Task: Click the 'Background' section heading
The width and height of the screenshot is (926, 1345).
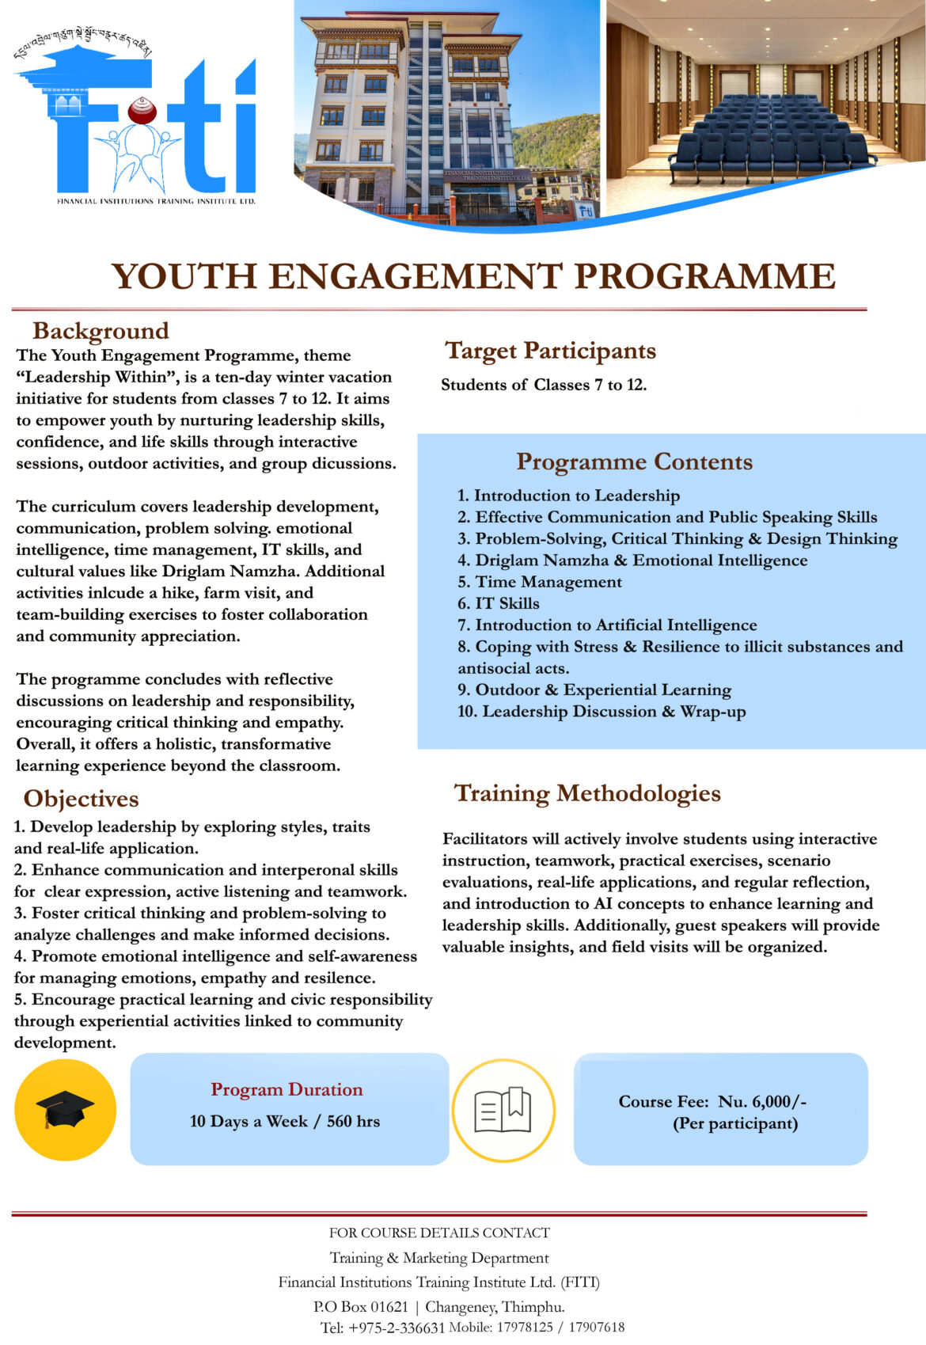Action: tap(101, 331)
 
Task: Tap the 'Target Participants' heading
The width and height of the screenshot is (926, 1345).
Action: tap(550, 351)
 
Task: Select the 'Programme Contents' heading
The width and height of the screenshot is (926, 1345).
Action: tap(634, 462)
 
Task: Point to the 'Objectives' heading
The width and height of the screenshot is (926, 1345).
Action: tap(81, 799)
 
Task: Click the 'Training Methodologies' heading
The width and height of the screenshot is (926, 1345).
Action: tap(586, 793)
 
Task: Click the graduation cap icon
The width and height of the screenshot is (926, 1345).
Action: tap(65, 1109)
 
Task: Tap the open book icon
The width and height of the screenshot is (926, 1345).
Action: tap(503, 1110)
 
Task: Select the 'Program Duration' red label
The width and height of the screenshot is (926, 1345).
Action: tap(287, 1090)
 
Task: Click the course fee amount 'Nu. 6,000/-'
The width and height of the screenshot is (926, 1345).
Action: tap(762, 1102)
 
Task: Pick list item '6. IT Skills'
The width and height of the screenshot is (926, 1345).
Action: tap(498, 603)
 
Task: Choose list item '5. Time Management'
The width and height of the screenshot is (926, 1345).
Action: tap(539, 582)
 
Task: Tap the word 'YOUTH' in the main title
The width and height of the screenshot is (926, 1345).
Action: tap(184, 277)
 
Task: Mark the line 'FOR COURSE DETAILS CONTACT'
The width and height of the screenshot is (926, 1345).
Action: tap(439, 1233)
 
